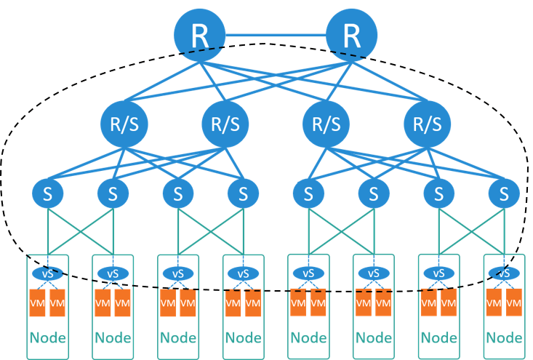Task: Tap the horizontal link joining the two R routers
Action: point(276,34)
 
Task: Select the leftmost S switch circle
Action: point(47,193)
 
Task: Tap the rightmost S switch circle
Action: point(504,193)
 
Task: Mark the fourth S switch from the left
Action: point(243,193)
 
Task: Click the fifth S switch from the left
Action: point(309,193)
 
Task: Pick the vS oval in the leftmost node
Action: point(47,274)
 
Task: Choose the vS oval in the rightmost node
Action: point(503,274)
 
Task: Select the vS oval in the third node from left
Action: point(177,274)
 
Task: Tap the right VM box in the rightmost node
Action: point(513,303)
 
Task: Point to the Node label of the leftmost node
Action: point(47,338)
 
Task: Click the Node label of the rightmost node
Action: point(503,338)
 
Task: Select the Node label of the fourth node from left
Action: point(243,338)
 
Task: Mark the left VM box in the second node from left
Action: point(103,303)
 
